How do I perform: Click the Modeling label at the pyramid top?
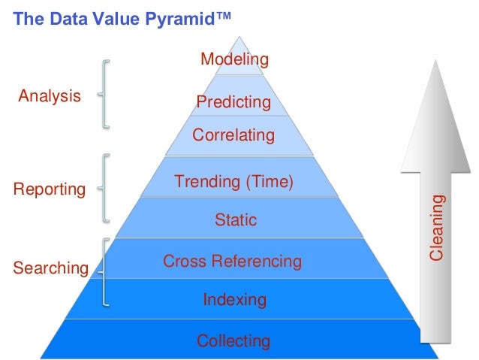pos(234,59)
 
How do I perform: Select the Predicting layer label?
pos(233,102)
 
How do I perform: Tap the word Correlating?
pos(233,136)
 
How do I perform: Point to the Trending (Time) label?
pos(233,181)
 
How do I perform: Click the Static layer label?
pos(235,220)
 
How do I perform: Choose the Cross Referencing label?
pos(233,262)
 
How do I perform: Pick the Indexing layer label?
pos(235,300)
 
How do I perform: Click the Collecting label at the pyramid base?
pos(233,341)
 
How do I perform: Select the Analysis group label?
pos(50,96)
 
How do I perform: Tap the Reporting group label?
pos(50,189)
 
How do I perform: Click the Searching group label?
pos(50,268)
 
